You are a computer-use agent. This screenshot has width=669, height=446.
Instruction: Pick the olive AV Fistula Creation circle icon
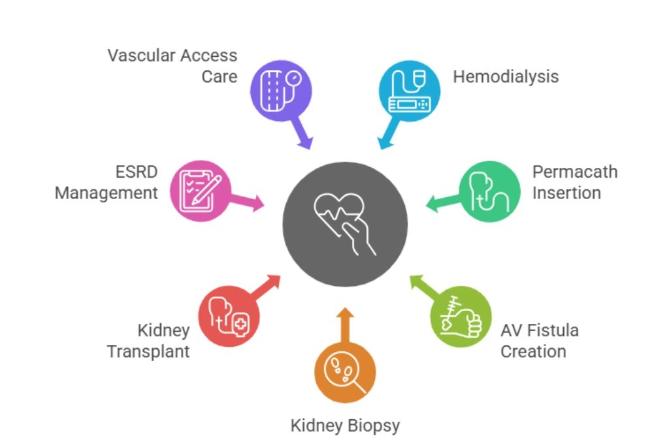[461, 317]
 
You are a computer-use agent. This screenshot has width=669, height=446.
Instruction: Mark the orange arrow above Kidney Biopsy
[345, 323]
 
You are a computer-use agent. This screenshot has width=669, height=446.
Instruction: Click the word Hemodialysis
[506, 76]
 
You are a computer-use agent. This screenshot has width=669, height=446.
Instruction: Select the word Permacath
[574, 172]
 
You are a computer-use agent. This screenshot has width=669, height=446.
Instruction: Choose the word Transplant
[148, 351]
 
